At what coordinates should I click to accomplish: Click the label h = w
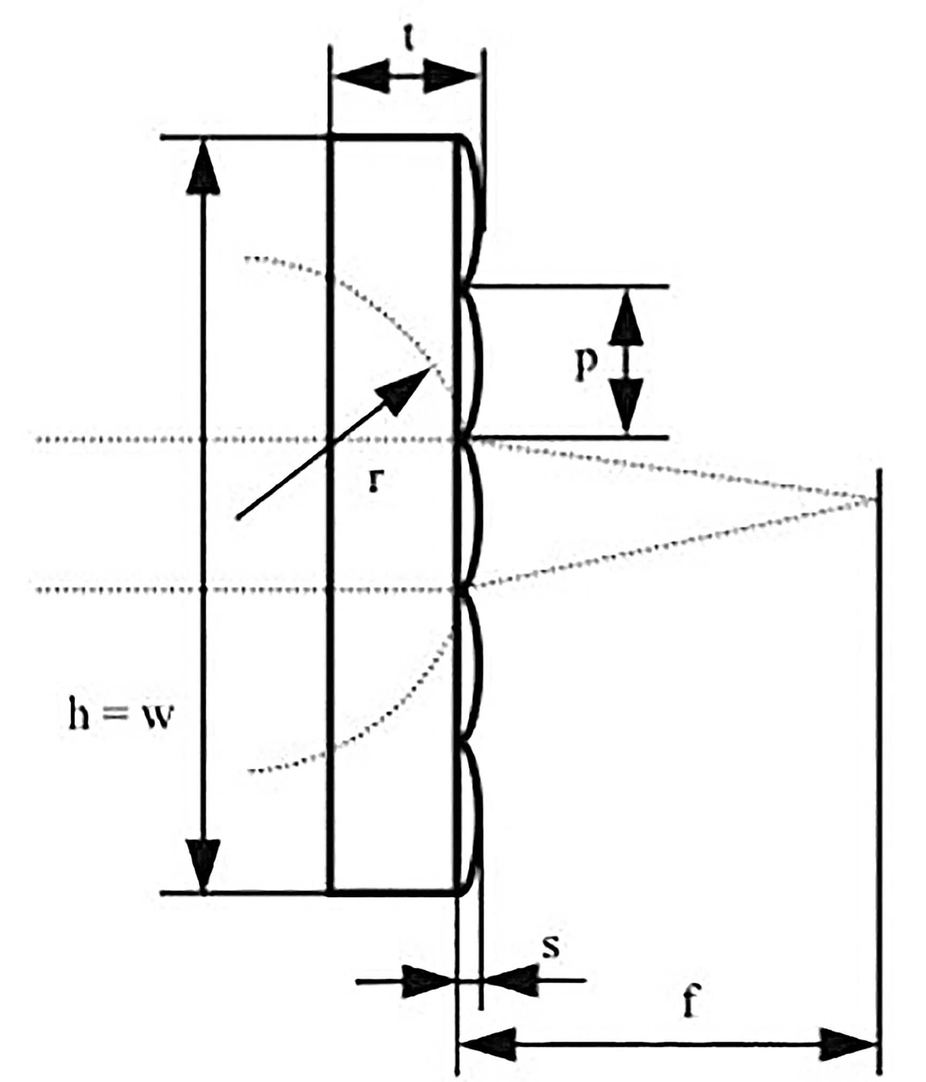(x=121, y=716)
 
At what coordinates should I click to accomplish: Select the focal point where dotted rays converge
(x=877, y=500)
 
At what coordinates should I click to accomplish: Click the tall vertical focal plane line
(x=879, y=748)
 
